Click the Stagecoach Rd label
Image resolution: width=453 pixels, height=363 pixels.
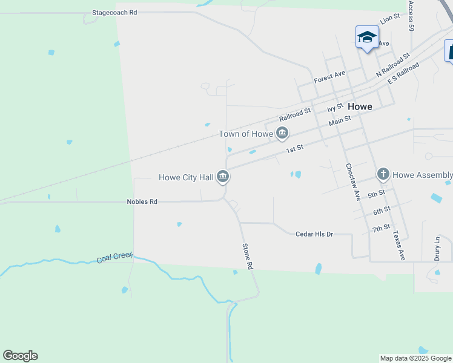coord(114,12)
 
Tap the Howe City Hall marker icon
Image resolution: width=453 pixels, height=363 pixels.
coord(223,177)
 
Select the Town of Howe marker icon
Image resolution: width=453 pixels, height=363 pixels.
coord(282,133)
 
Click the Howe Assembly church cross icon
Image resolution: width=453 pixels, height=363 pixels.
coord(383,175)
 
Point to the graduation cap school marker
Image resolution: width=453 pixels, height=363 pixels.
coord(367,37)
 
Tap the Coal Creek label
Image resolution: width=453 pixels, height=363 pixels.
coord(114,258)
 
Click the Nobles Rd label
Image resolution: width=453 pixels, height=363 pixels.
coord(142,201)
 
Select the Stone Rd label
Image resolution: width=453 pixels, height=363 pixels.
coord(247,257)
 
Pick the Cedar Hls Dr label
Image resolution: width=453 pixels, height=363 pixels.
coord(315,234)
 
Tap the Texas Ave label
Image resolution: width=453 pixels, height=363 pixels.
coord(398,245)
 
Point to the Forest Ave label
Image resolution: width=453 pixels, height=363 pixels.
coord(329,77)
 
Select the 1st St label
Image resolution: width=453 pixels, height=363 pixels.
coord(294,148)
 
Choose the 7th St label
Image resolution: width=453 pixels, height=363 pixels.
coord(382,227)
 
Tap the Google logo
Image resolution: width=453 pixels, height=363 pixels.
coord(20,356)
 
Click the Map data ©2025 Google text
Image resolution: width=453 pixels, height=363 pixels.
coord(415,358)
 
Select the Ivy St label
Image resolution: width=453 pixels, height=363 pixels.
coord(335,108)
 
